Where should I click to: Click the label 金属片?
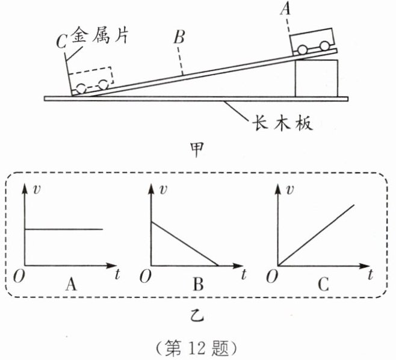pyautogui.click(x=102, y=36)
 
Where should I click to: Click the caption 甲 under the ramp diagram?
pyautogui.click(x=196, y=146)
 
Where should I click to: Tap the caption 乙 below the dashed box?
pyautogui.click(x=196, y=314)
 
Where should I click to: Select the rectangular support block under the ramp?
pyautogui.click(x=317, y=78)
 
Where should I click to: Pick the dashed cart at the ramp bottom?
pyautogui.click(x=91, y=80)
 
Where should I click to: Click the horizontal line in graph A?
pyautogui.click(x=63, y=229)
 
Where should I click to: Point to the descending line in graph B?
pyautogui.click(x=184, y=243)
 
